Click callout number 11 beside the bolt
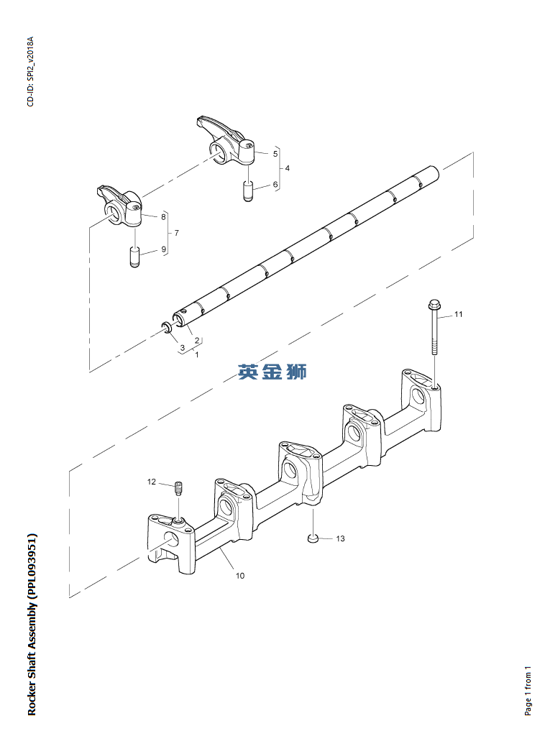click(458, 314)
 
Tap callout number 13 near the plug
click(340, 538)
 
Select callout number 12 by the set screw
click(152, 482)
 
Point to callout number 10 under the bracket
click(240, 575)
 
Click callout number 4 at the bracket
click(288, 168)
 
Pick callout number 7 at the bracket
click(176, 233)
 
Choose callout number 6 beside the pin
click(275, 185)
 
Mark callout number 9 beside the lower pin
click(163, 249)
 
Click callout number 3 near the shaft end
click(182, 347)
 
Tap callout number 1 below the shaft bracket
click(197, 354)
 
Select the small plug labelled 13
click(313, 538)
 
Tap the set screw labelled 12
click(179, 489)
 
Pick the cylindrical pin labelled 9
click(134, 257)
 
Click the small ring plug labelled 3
click(167, 329)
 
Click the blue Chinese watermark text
click(272, 372)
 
